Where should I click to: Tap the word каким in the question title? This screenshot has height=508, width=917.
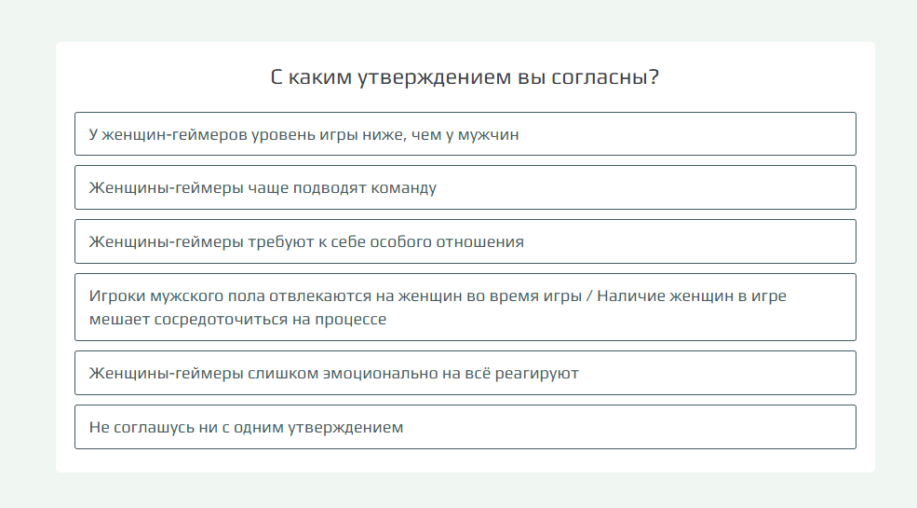320,76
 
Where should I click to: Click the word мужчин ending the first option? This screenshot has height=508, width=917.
488,134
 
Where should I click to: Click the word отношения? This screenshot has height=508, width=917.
483,241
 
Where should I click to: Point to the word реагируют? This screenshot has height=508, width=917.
537,374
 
